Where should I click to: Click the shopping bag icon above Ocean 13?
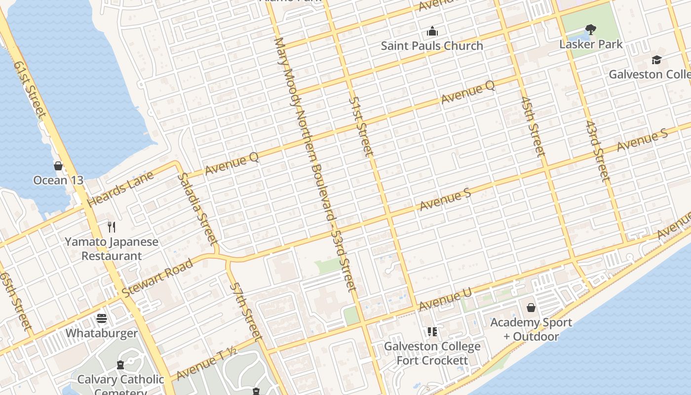click(58, 166)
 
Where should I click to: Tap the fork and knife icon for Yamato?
click(112, 227)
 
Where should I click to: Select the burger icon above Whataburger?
click(102, 318)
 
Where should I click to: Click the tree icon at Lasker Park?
click(590, 30)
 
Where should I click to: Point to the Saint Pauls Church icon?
click(432, 32)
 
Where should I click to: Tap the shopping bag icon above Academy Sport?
click(531, 308)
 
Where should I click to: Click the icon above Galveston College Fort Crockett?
click(432, 332)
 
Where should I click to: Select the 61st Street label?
click(30, 89)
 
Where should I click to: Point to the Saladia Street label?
click(197, 208)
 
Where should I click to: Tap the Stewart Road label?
click(157, 277)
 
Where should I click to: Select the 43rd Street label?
click(598, 151)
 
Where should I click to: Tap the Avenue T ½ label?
click(206, 364)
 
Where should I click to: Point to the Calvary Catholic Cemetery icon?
click(120, 365)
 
